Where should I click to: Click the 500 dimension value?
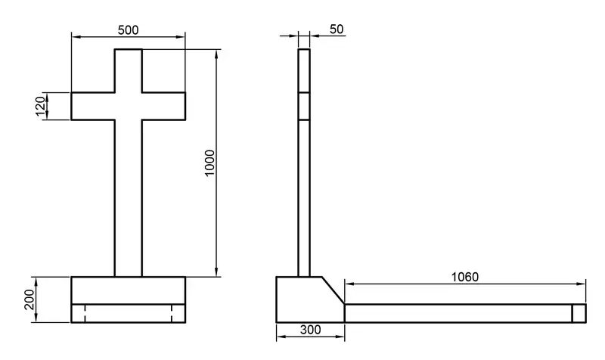(x=128, y=30)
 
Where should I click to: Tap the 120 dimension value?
(x=41, y=106)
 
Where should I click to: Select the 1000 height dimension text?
(x=209, y=163)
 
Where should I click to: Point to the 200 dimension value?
(x=29, y=299)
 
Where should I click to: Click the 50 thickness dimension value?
(x=337, y=29)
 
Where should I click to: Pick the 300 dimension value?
(x=310, y=330)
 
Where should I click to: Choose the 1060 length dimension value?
(x=465, y=277)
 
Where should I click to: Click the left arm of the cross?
(x=93, y=106)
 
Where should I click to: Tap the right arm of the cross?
(x=163, y=106)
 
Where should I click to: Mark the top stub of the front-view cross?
(x=128, y=70)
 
